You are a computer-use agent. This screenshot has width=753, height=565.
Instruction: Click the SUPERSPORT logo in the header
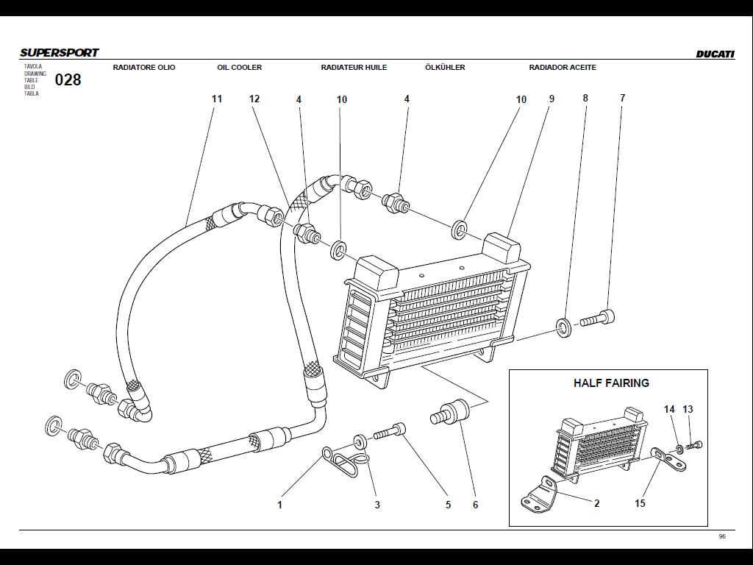[59, 53]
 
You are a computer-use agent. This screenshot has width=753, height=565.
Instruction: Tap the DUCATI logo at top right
[715, 54]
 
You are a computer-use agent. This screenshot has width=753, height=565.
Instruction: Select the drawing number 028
[68, 80]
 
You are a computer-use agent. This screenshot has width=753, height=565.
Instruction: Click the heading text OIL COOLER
[239, 68]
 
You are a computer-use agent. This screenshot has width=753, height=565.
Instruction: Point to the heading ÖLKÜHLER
[445, 68]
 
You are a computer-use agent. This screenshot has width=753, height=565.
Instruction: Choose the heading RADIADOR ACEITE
[563, 68]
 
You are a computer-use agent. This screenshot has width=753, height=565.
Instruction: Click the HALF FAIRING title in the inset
[611, 383]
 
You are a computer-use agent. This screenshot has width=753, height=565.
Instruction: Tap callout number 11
[216, 99]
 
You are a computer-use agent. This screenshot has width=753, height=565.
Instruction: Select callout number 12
[254, 99]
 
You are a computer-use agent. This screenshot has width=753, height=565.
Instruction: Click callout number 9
[551, 99]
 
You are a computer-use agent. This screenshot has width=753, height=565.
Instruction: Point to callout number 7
[622, 98]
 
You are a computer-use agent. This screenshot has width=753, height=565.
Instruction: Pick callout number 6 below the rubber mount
[475, 505]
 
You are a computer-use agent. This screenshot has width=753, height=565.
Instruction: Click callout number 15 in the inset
[640, 504]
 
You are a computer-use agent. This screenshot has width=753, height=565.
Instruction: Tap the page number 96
[722, 537]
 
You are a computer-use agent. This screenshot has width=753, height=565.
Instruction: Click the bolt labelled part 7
[598, 320]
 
